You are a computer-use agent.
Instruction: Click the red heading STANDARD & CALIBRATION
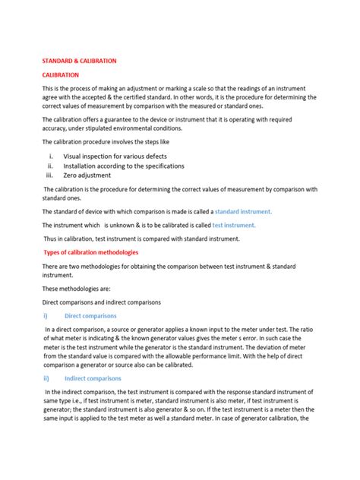79,60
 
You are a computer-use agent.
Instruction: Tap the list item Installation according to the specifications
123,166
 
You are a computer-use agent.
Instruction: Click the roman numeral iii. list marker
51,175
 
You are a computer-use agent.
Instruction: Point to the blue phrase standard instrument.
243,211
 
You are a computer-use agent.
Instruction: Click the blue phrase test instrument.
234,225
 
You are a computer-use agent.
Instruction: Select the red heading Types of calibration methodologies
90,252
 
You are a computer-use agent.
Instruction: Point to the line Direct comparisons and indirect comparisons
101,302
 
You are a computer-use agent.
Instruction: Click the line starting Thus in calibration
141,238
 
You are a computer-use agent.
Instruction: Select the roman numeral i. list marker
50,156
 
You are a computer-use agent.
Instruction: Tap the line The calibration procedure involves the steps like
106,142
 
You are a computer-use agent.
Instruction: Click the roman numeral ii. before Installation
50,166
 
